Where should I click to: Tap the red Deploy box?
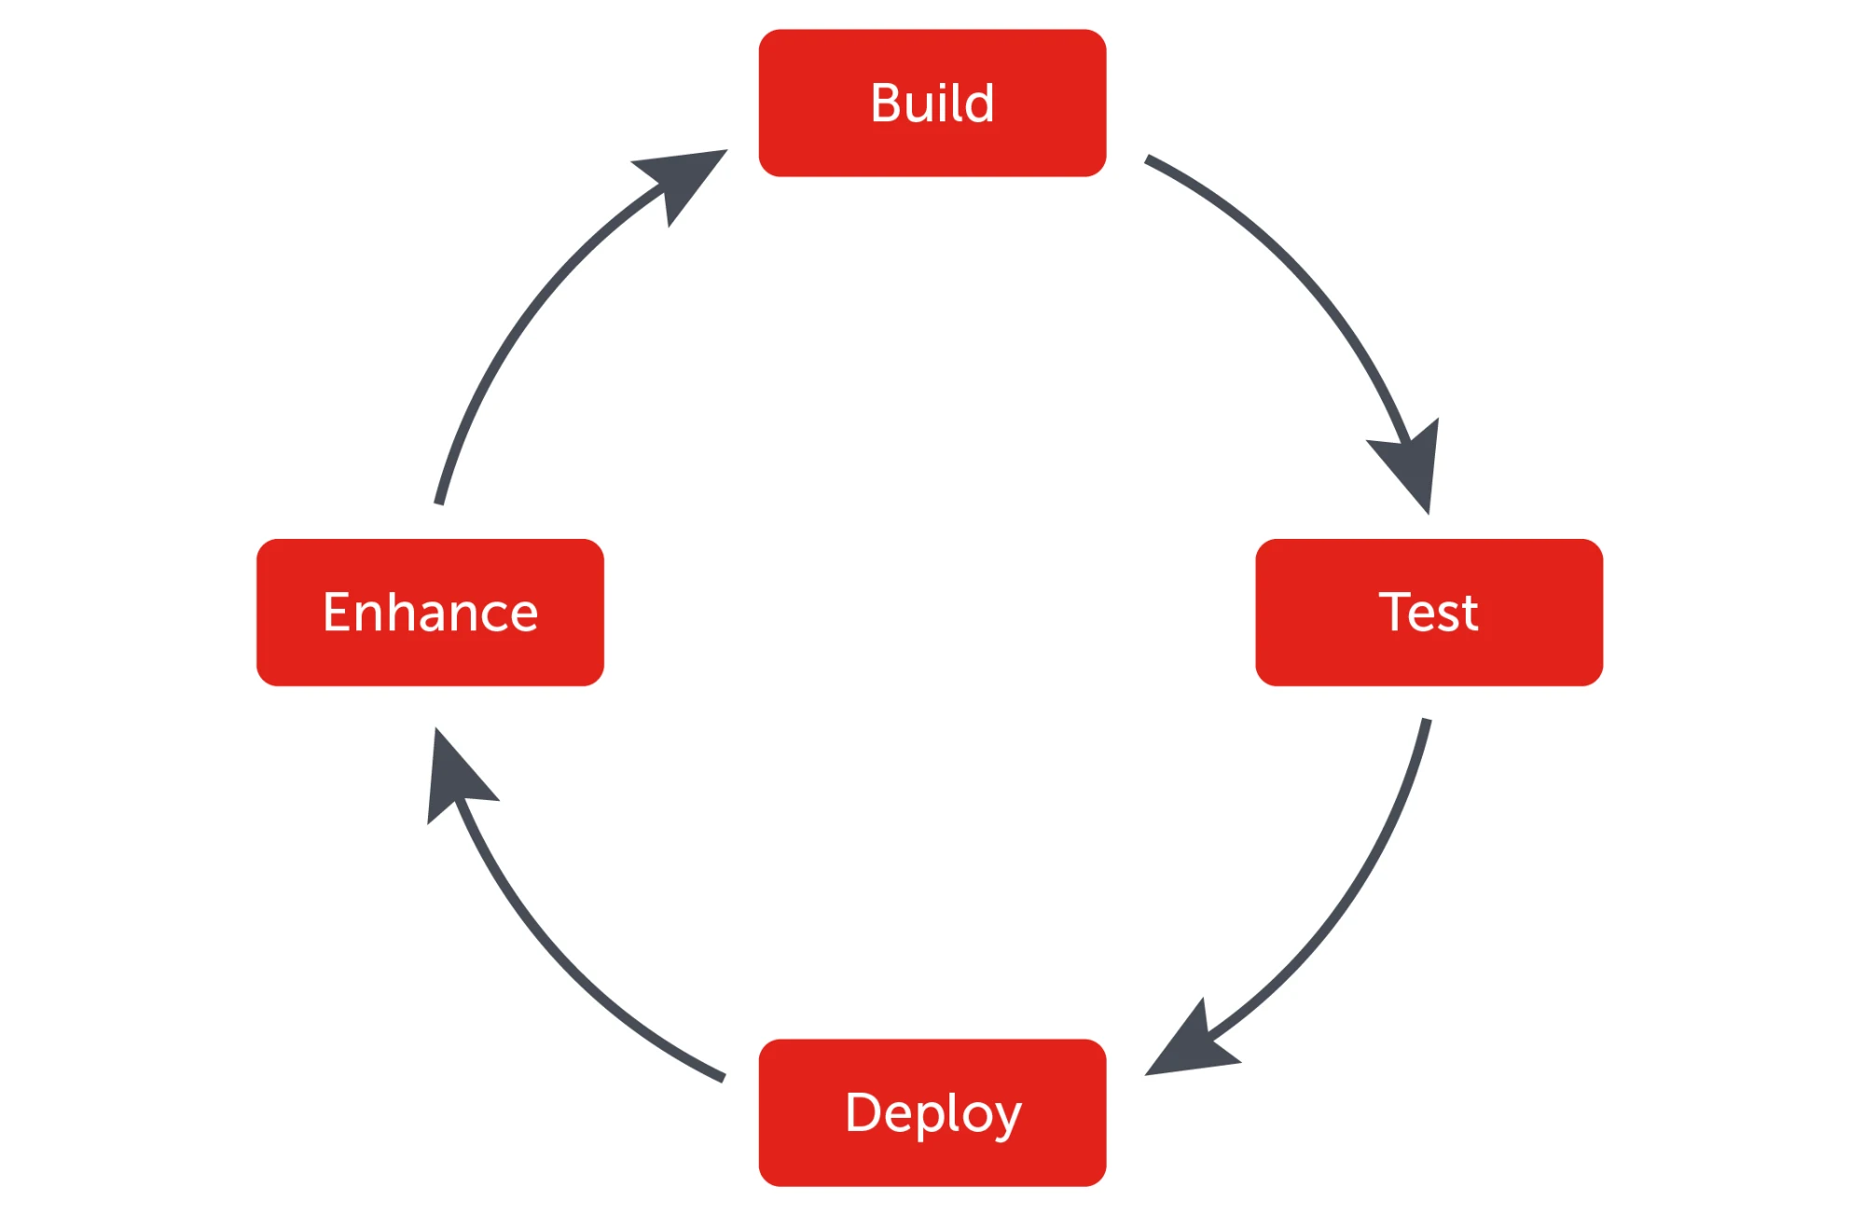(932, 1161)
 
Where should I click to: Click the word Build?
(932, 103)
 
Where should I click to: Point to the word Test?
(1429, 613)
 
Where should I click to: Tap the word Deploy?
(932, 1112)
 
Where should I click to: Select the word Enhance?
(430, 613)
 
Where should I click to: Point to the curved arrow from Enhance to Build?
(522, 317)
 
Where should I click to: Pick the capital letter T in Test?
(1395, 612)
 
